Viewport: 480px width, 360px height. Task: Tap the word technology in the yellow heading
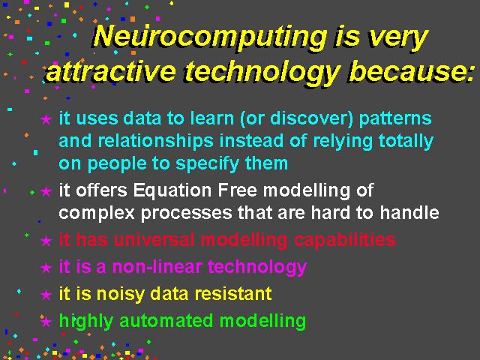[x=263, y=73]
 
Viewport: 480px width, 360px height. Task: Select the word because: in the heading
[x=411, y=71]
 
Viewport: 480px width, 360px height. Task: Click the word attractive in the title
[x=111, y=72]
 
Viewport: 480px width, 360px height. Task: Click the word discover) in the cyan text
[x=312, y=118]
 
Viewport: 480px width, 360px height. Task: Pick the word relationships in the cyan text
[x=155, y=141]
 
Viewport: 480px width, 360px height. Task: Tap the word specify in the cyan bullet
[x=208, y=163]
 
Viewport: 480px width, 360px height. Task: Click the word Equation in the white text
[x=172, y=190]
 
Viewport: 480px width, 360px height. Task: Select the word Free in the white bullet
[x=237, y=190]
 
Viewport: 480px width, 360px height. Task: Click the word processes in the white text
[x=187, y=214]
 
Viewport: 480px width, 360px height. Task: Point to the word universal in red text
[x=154, y=239]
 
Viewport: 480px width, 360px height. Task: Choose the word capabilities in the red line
[x=345, y=240]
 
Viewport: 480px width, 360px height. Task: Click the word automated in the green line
[x=166, y=321]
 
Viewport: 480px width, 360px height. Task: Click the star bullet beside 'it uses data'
[x=46, y=119]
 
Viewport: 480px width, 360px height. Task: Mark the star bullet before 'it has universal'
[x=46, y=241]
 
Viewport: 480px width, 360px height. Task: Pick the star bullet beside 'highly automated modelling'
[x=46, y=322]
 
